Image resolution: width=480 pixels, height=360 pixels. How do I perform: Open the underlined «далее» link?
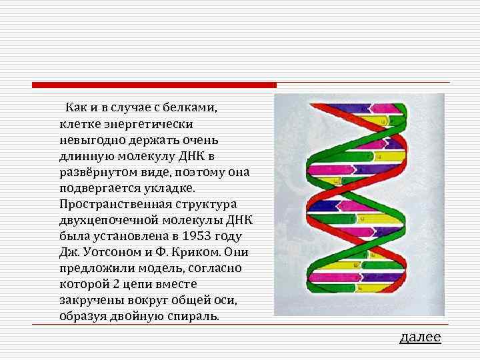[419, 337]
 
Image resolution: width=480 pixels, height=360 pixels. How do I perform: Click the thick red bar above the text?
[154, 85]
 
